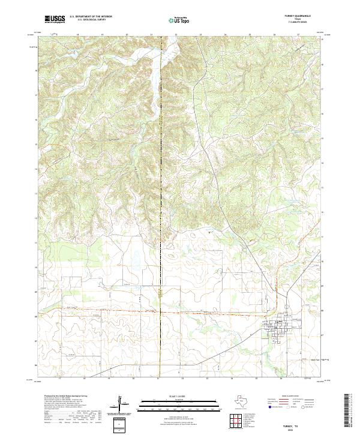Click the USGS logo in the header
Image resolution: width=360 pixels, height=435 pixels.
tap(55, 19)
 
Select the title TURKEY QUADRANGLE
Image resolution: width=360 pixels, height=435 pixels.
tap(302, 17)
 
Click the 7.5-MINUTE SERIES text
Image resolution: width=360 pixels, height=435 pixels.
tap(302, 23)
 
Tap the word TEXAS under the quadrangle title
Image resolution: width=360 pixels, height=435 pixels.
tap(302, 20)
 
